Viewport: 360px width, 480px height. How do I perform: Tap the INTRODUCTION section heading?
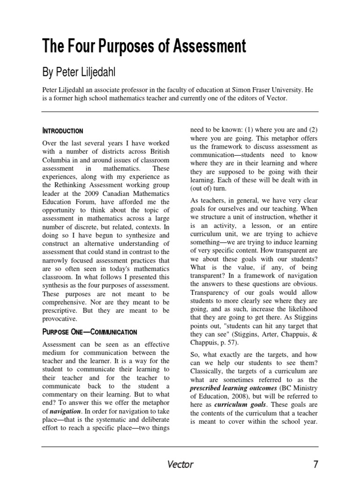[x=62, y=131]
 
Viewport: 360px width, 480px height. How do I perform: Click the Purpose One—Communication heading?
[x=90, y=332]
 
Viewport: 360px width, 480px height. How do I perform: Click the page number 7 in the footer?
[x=315, y=464]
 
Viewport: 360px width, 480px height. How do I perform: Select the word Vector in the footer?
[x=180, y=464]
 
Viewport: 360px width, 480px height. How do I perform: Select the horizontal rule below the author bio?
[x=180, y=112]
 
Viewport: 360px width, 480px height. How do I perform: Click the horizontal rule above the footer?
[x=180, y=446]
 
